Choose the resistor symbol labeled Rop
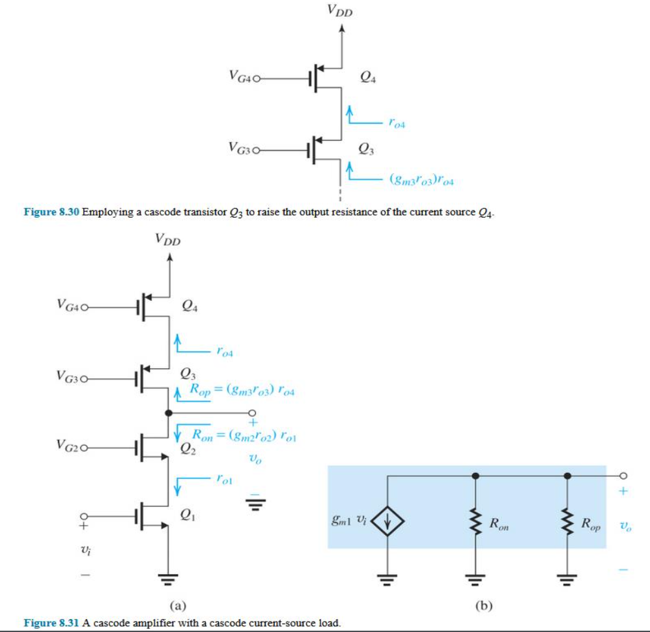click(568, 521)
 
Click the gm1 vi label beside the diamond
click(348, 521)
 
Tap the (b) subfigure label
click(483, 607)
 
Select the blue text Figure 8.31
click(51, 623)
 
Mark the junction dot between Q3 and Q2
click(169, 413)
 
